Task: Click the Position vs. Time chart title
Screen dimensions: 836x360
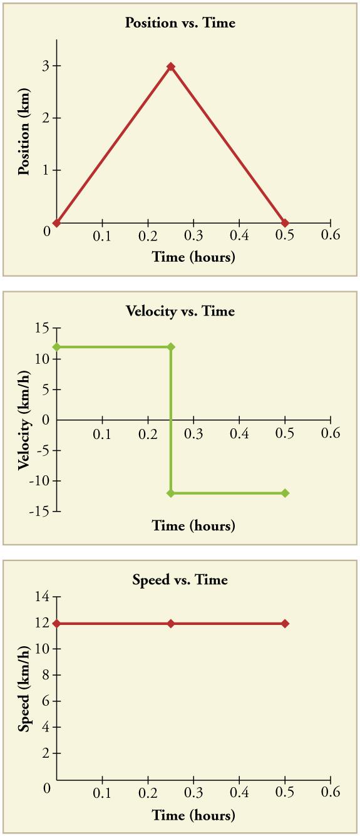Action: [x=180, y=23]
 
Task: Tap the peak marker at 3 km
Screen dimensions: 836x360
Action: [x=170, y=66]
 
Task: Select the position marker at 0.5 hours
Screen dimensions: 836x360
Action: [x=285, y=223]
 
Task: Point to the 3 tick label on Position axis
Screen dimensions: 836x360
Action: [x=38, y=66]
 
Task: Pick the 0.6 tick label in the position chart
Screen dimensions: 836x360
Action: [x=331, y=235]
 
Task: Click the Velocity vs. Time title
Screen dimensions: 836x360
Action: [x=180, y=311]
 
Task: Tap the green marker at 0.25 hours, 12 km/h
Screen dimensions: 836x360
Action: [x=171, y=347]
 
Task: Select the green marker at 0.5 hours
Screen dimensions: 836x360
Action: [x=285, y=493]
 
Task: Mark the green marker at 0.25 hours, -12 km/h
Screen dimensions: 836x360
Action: [x=171, y=493]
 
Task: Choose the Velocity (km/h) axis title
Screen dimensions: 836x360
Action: [x=24, y=420]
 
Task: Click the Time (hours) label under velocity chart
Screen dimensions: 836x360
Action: [x=193, y=525]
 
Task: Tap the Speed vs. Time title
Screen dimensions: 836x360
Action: [x=180, y=580]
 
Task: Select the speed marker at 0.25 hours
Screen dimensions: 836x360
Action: [x=171, y=624]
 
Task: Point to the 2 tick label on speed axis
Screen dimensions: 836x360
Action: [x=44, y=754]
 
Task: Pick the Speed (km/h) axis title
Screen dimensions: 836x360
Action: [x=24, y=689]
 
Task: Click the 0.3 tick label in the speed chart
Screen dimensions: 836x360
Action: [x=193, y=793]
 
